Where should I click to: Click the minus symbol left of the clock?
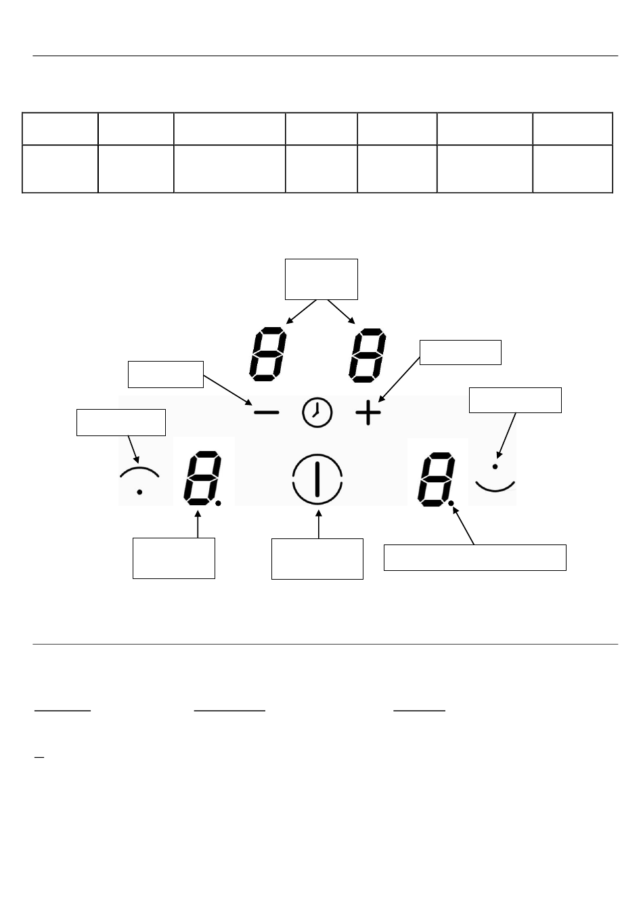click(x=266, y=413)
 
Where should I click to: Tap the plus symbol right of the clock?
click(x=368, y=413)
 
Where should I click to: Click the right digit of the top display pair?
click(x=368, y=355)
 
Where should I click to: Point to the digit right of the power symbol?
click(x=434, y=479)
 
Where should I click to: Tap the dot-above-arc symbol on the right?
click(x=495, y=477)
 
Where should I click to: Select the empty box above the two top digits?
click(x=321, y=278)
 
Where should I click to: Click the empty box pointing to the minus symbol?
click(x=166, y=374)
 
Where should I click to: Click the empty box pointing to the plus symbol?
click(x=460, y=352)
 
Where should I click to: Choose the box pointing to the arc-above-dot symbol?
click(x=121, y=422)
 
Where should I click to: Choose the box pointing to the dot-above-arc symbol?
click(x=515, y=400)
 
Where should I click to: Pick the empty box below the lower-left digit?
click(x=174, y=558)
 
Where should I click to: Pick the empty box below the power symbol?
click(x=317, y=559)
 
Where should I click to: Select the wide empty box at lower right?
click(x=474, y=557)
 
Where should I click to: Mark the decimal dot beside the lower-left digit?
click(x=219, y=503)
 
